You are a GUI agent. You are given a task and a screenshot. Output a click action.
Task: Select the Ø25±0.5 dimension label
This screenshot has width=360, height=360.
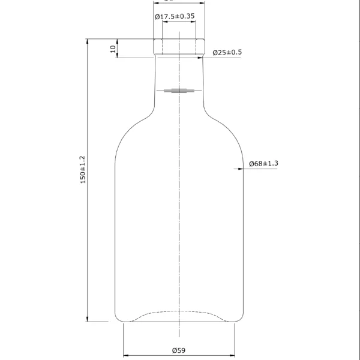tap(227, 53)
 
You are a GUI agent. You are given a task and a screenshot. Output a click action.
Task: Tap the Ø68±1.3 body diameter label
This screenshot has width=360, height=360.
tap(263, 164)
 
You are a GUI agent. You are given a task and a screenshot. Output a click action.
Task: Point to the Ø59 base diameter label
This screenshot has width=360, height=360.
tap(179, 350)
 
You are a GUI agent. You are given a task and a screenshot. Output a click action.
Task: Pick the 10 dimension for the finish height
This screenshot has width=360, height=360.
tap(112, 49)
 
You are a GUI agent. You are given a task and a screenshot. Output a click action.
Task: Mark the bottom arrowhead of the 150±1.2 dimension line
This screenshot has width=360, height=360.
tap(88, 318)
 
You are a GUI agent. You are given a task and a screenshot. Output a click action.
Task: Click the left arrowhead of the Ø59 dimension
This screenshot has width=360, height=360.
tap(126, 355)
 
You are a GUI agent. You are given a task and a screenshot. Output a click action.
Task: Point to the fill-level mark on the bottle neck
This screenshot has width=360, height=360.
tap(179, 91)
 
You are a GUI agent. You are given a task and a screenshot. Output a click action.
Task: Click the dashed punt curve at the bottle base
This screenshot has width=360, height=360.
tap(179, 312)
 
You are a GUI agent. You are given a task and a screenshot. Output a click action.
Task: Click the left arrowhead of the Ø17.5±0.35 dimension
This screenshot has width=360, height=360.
tap(164, 23)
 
